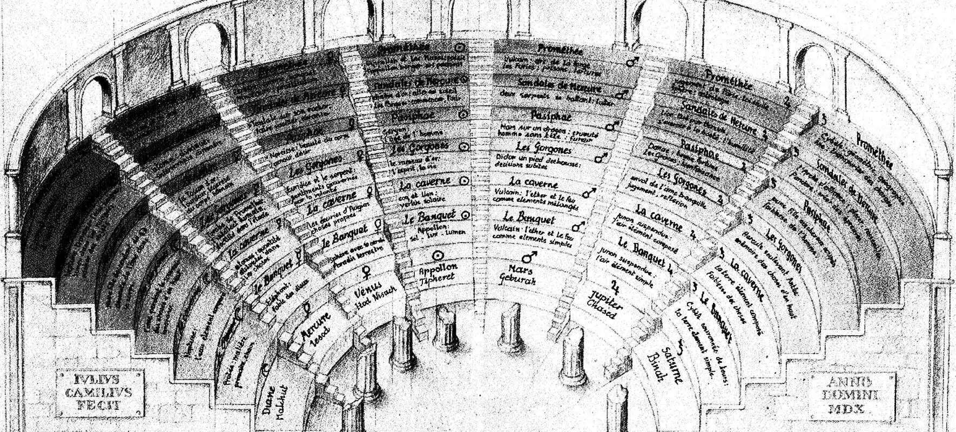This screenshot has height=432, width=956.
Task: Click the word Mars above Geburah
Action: [x=520, y=269]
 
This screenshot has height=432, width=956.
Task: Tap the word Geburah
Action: [x=517, y=281]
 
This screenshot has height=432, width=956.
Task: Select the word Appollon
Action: [x=438, y=267]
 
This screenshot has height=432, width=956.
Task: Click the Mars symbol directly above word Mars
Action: [x=529, y=256]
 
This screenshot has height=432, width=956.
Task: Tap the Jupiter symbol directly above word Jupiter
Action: [x=615, y=285]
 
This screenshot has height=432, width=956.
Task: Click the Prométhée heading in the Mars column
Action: [x=560, y=50]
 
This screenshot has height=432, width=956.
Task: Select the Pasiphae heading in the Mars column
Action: [x=551, y=116]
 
